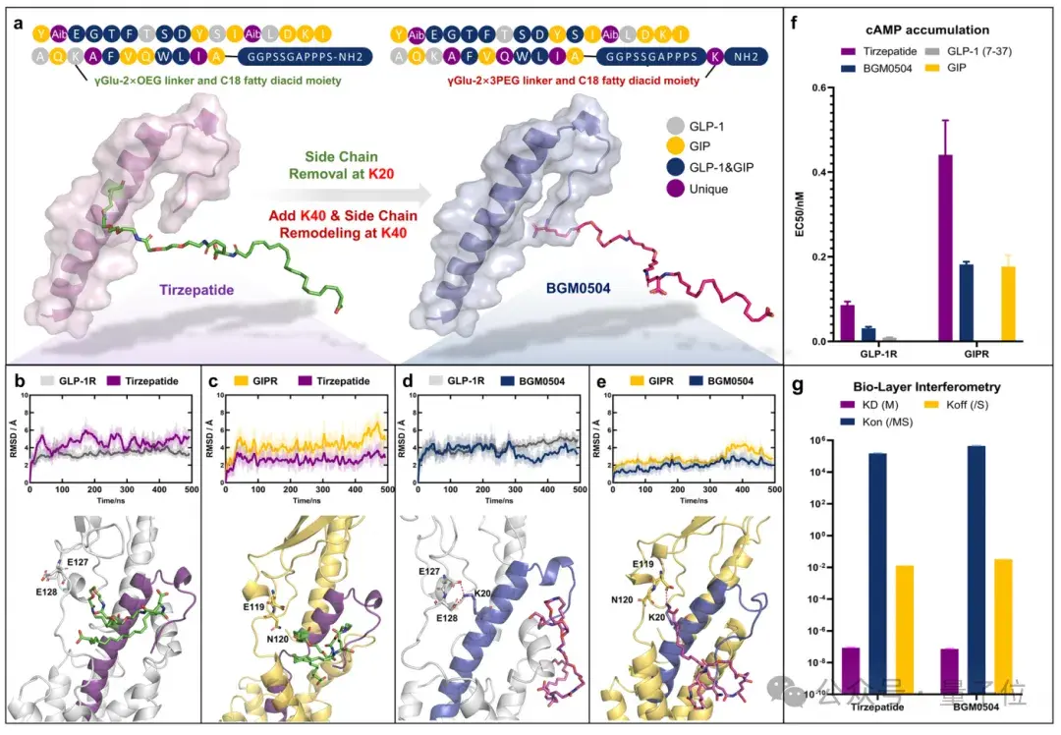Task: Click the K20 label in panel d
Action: click(x=484, y=594)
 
